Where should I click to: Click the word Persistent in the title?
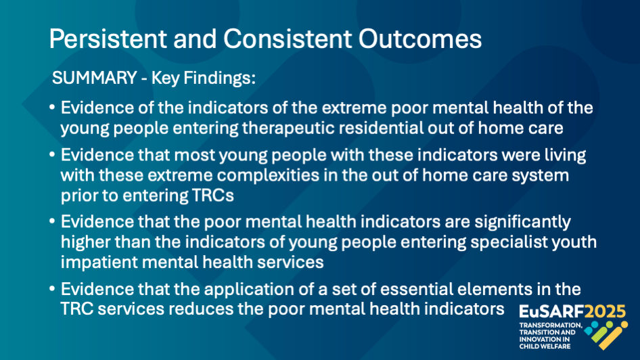click(108, 39)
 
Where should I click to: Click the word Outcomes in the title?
click(420, 39)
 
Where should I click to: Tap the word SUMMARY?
click(94, 78)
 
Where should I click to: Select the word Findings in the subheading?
click(220, 78)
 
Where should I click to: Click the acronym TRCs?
click(212, 196)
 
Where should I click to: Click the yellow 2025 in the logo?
click(605, 312)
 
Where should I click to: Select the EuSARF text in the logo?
click(551, 312)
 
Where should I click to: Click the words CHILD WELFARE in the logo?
click(545, 346)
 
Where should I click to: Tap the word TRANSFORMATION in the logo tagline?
click(551, 325)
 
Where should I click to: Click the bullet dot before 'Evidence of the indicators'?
click(52, 108)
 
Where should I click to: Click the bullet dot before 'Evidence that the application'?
click(52, 289)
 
